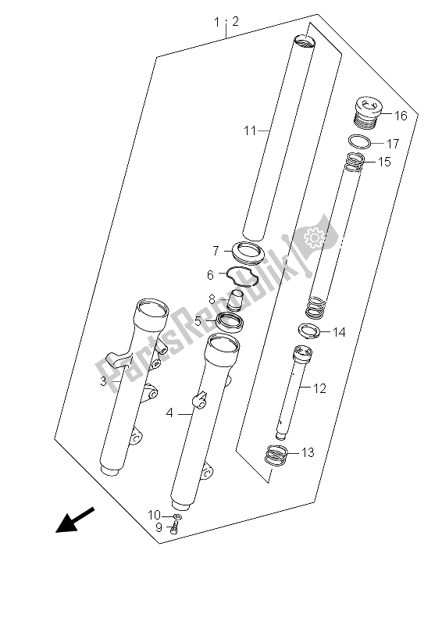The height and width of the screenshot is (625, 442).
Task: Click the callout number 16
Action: click(401, 116)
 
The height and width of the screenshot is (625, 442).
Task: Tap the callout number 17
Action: click(393, 144)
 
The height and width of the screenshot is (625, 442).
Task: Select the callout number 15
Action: click(384, 162)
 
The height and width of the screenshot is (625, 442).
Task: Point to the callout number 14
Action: click(339, 332)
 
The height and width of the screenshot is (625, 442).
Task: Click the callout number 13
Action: click(307, 452)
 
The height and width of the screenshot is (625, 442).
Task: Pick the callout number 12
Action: click(319, 388)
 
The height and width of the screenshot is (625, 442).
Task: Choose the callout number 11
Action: click(250, 130)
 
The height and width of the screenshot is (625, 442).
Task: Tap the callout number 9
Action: click(159, 527)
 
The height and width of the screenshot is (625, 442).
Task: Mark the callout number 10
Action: click(154, 516)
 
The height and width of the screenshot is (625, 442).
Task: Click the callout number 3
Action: click(103, 381)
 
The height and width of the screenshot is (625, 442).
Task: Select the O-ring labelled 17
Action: click(359, 141)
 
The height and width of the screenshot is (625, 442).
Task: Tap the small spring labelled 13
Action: click(276, 455)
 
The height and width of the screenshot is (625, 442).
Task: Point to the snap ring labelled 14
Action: click(310, 331)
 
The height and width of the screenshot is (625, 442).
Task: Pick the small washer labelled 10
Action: click(177, 517)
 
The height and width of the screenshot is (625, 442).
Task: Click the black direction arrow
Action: click(75, 520)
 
